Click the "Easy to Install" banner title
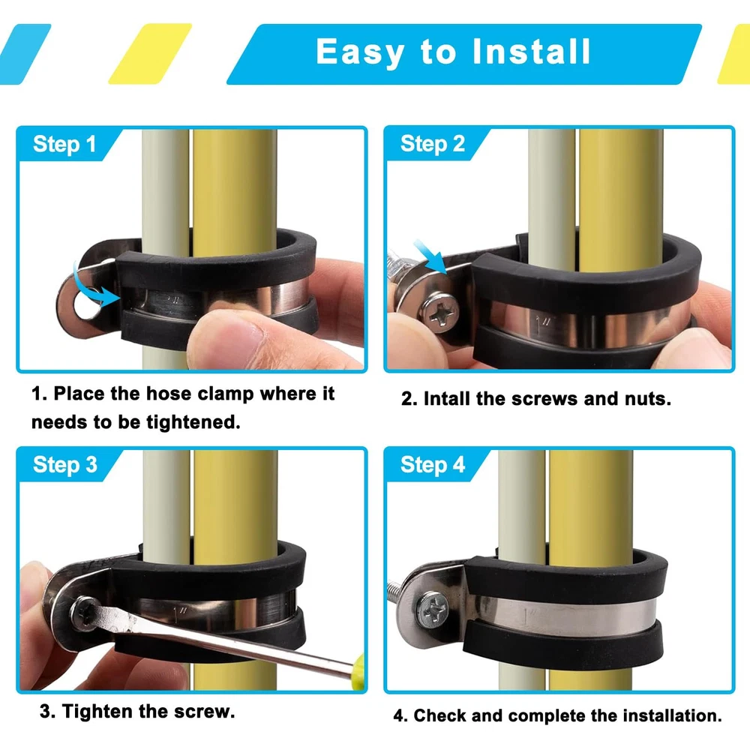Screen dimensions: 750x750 (454, 52)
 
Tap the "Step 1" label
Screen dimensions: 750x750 (64, 144)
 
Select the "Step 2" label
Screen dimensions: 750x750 (433, 143)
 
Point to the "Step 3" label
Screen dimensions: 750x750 (65, 464)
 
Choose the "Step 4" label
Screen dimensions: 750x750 (433, 464)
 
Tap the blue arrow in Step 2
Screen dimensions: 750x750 (430, 256)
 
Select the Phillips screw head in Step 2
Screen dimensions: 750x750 (438, 312)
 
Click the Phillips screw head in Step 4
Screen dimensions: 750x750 (432, 609)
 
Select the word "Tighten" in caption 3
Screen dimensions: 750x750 (97, 712)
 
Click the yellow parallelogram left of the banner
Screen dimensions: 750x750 (150, 53)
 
